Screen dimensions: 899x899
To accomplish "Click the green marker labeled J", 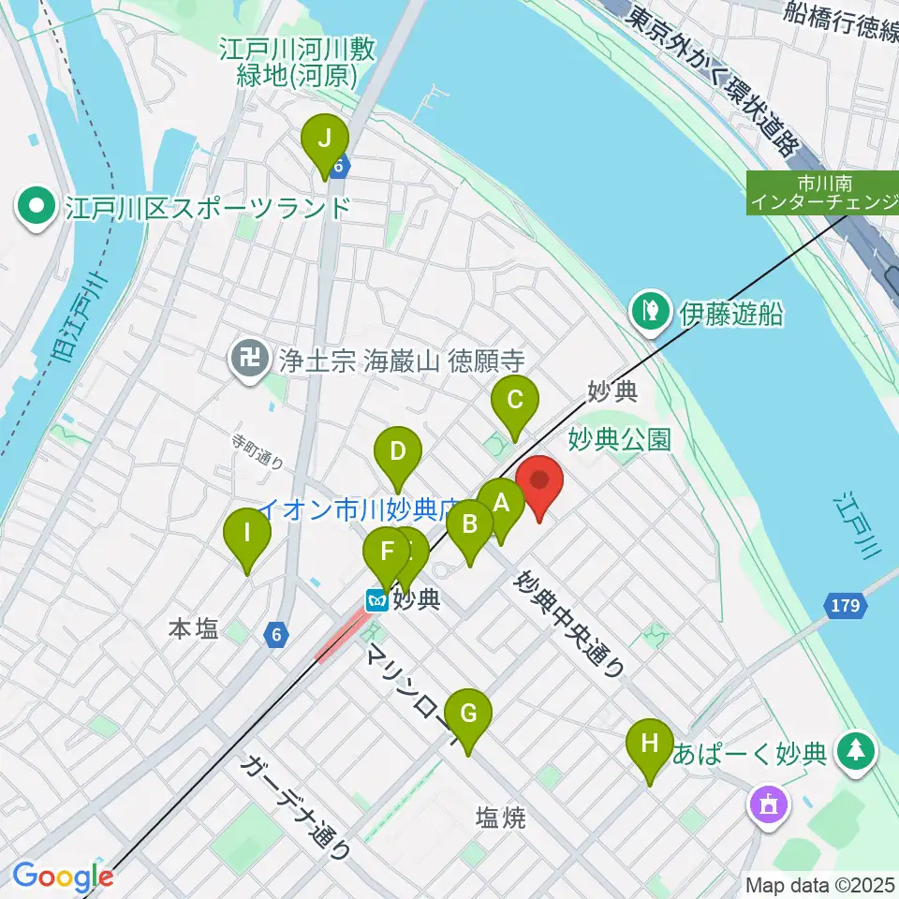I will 325,140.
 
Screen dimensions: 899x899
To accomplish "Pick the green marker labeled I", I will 247,536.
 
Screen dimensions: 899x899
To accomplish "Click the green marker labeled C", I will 515,403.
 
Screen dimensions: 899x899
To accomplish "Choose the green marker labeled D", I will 398,454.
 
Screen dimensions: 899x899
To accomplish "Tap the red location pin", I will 539,482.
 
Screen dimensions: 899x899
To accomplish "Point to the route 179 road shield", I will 844,607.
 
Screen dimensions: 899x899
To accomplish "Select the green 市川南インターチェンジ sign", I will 821,193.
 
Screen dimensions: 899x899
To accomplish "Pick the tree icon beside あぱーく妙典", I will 854,752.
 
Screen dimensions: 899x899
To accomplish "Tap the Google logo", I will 63,877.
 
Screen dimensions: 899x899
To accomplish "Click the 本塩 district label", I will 193,629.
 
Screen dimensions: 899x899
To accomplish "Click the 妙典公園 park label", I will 619,439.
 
